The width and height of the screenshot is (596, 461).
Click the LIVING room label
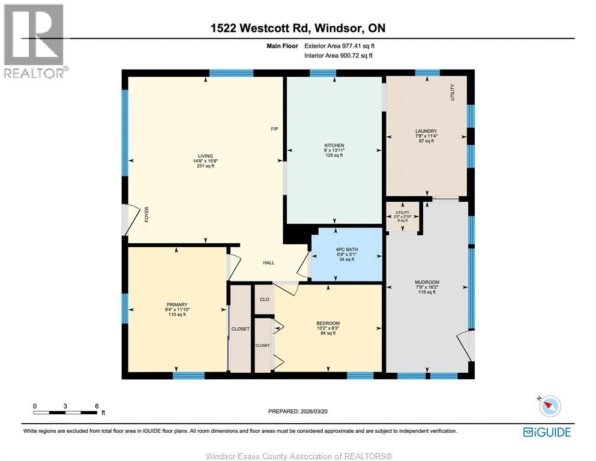click(x=205, y=156)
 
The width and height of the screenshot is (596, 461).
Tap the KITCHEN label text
click(x=334, y=146)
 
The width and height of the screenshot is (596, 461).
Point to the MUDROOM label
click(x=427, y=282)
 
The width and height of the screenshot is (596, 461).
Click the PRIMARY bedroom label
click(x=177, y=304)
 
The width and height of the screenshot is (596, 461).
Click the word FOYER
click(x=146, y=214)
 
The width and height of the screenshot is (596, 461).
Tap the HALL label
click(x=268, y=263)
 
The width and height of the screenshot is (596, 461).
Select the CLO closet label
click(x=264, y=299)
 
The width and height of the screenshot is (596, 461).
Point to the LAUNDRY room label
click(x=426, y=131)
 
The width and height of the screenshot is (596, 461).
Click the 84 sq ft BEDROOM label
click(x=328, y=324)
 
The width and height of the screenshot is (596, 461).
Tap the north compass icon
click(x=549, y=406)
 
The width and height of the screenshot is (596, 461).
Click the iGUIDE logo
click(x=546, y=432)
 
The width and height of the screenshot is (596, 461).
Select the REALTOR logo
click(x=34, y=41)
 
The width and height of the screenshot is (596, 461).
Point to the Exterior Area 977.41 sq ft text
click(x=339, y=46)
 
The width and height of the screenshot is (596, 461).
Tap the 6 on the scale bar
click(x=97, y=406)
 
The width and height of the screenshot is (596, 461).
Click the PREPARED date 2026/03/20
click(x=298, y=411)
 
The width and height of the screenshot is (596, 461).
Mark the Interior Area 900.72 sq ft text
click(x=339, y=56)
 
